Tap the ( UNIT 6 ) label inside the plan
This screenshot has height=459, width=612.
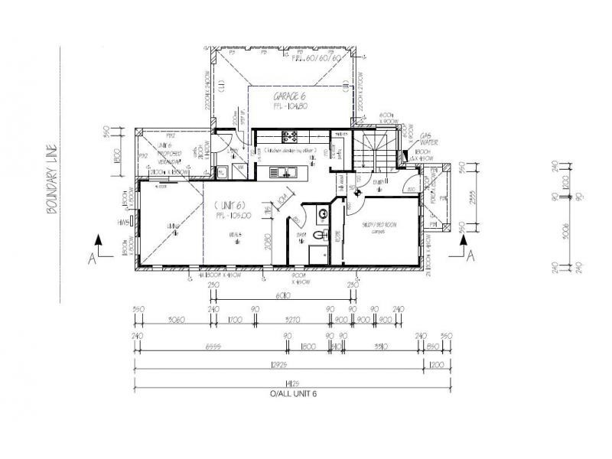point(229,204)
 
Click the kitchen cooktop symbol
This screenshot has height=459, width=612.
point(291,138)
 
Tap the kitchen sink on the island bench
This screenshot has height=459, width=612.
point(291,172)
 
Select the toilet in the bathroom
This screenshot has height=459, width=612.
point(325,236)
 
